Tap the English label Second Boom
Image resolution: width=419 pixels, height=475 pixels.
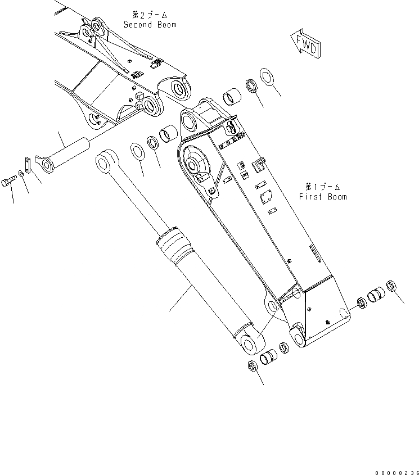(x=150, y=25)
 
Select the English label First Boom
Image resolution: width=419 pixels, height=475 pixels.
(x=323, y=197)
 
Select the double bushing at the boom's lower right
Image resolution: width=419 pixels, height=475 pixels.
(x=375, y=295)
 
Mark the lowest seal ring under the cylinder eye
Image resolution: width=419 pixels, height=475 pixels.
(x=253, y=366)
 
